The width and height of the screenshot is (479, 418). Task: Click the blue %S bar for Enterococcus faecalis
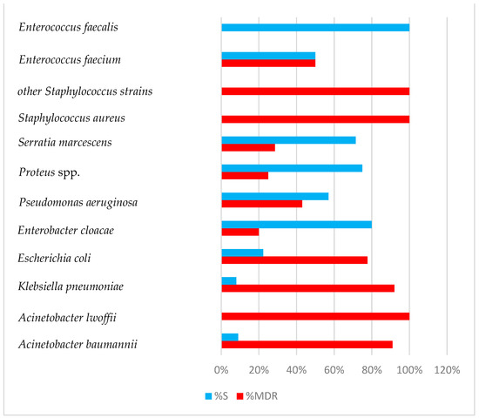(315, 27)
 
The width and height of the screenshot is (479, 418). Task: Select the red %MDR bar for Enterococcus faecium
(268, 63)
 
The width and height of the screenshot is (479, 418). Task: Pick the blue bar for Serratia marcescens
(288, 139)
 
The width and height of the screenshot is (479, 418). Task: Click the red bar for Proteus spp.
(245, 175)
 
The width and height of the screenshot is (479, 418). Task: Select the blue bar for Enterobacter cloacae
(297, 224)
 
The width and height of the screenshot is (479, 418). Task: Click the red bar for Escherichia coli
(294, 260)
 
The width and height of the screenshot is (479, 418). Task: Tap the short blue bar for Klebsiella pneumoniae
(229, 280)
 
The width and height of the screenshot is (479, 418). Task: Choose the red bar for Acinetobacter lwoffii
(315, 316)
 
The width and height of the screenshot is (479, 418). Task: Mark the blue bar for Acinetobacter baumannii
(230, 336)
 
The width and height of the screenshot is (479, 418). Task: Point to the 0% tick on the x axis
(222, 370)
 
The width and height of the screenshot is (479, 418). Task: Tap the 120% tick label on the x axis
(447, 370)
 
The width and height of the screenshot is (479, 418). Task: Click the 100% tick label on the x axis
(409, 370)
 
